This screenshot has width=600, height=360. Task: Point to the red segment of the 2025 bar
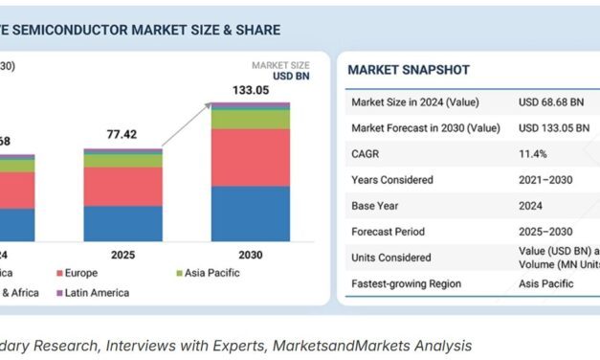[122, 186]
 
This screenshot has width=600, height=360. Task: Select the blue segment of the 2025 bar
[122, 223]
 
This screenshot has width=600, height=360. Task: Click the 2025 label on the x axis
[122, 256]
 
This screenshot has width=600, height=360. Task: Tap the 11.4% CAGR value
[533, 153]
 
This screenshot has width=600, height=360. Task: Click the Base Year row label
[377, 205]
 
